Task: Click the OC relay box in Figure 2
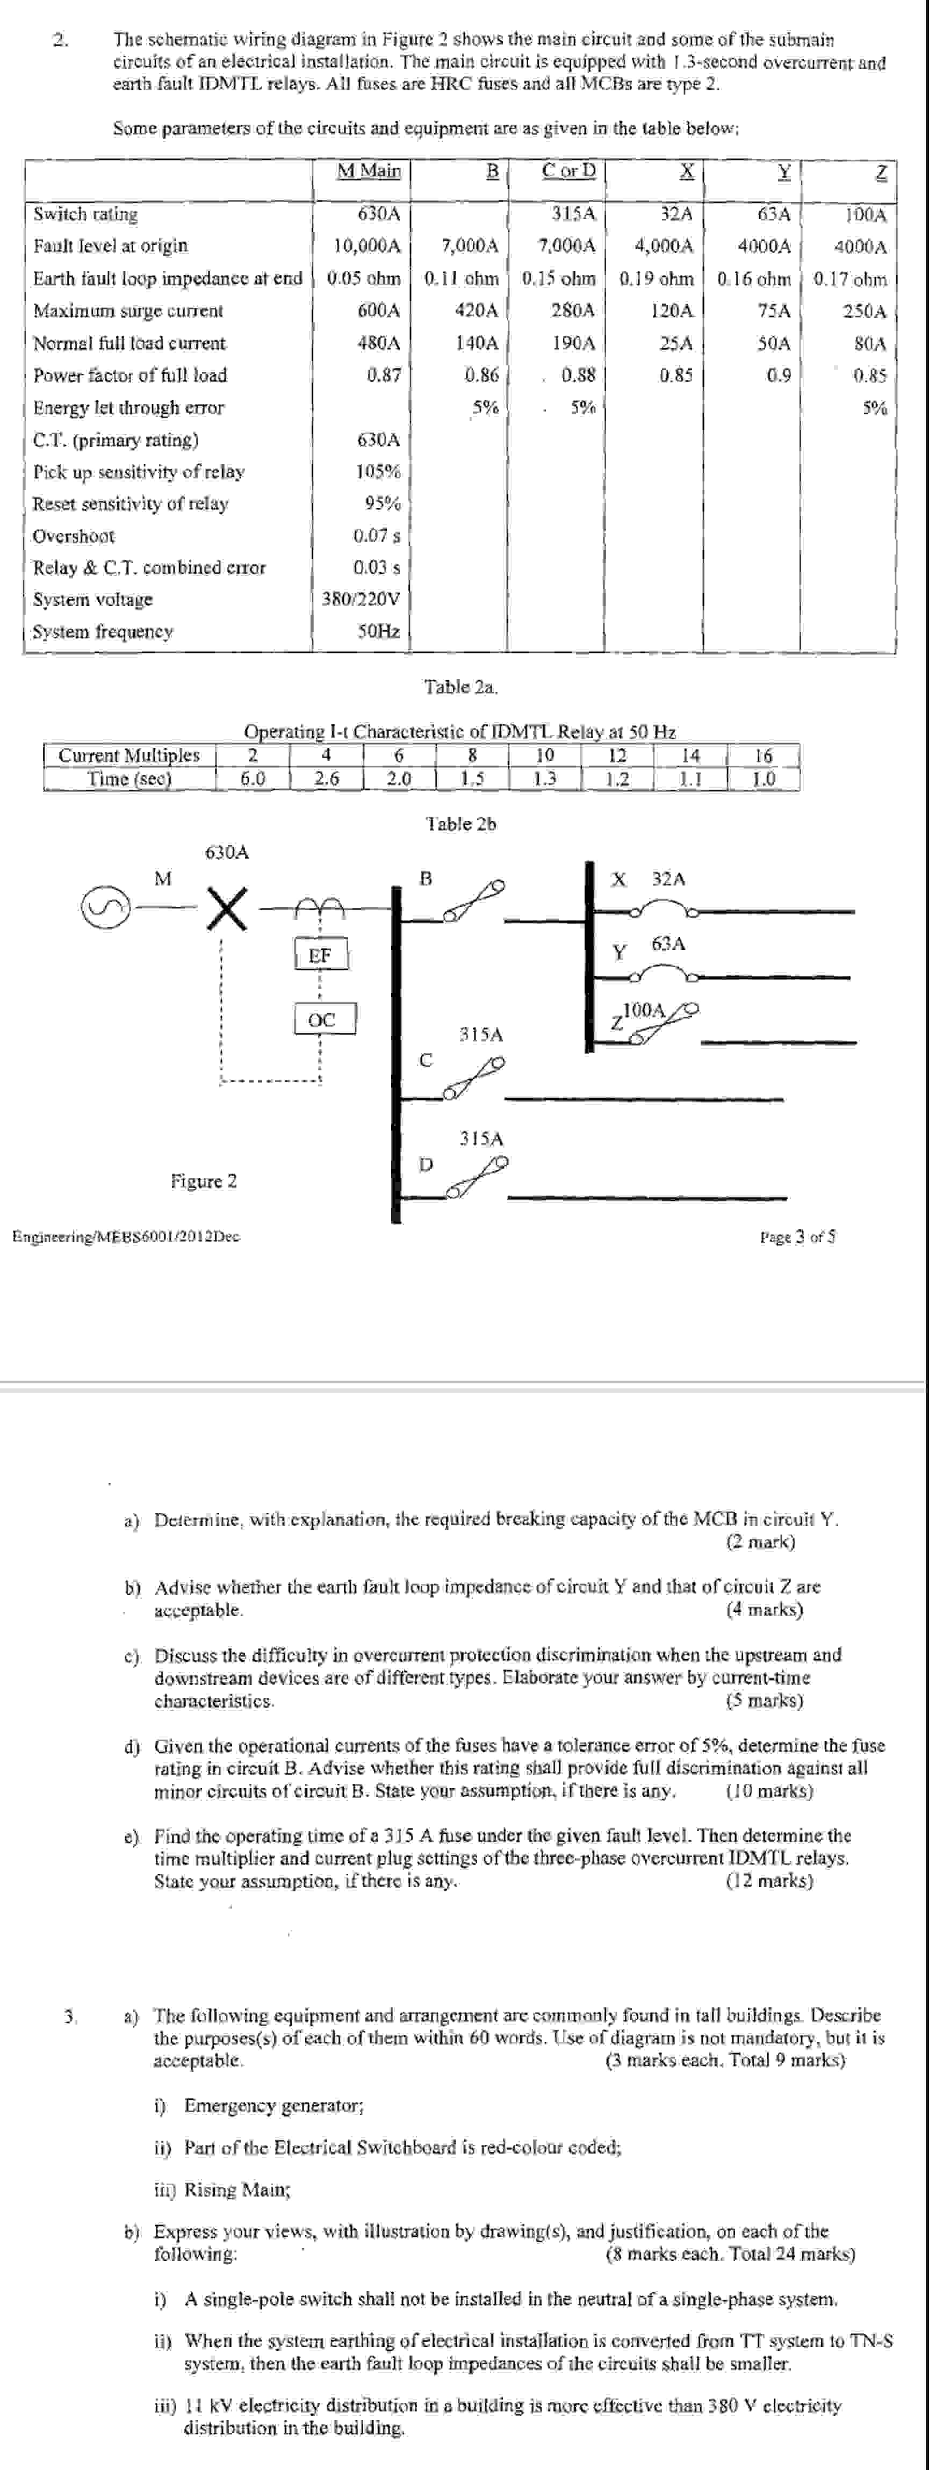click(324, 1019)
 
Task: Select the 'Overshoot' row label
click(74, 536)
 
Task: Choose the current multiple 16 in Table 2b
click(763, 755)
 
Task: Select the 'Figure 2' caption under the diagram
click(203, 1182)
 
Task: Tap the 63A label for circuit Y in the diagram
click(668, 944)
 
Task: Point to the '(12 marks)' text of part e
click(769, 1881)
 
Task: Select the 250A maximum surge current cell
click(864, 311)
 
